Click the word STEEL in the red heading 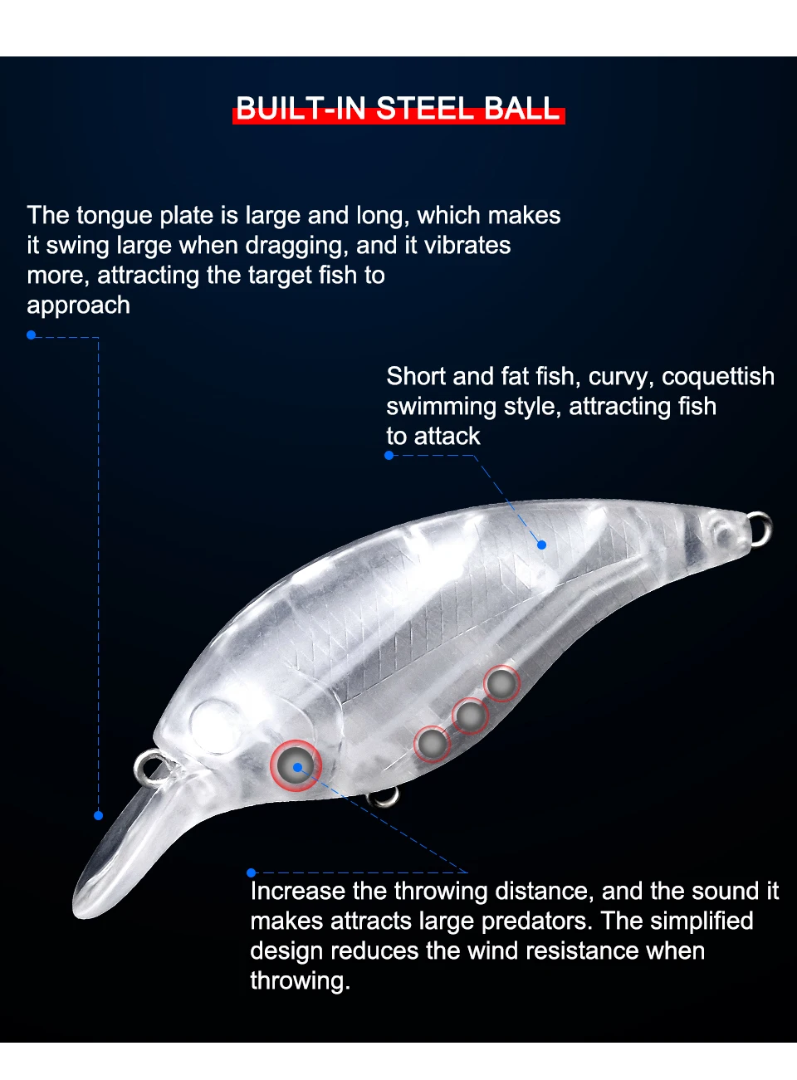click(425, 109)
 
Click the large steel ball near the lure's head click(296, 764)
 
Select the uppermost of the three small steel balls click(501, 684)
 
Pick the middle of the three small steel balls click(470, 715)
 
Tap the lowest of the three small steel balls click(433, 743)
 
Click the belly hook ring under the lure click(384, 797)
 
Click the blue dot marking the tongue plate click(98, 815)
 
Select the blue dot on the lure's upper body click(541, 545)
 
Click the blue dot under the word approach click(31, 335)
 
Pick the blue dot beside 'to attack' click(389, 455)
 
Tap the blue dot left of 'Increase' click(251, 872)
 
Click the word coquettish click(717, 376)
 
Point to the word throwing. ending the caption click(300, 981)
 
